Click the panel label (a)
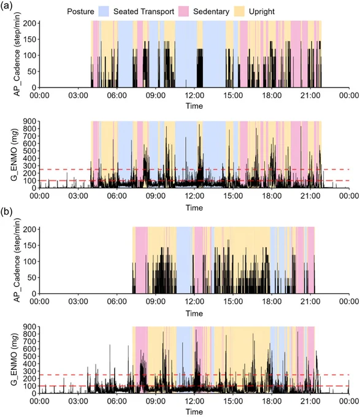tap(6, 6)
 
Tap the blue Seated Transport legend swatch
tap(104, 12)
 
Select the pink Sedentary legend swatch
tap(183, 12)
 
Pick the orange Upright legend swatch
tap(239, 12)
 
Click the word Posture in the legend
tap(80, 12)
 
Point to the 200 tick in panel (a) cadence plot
tap(29, 23)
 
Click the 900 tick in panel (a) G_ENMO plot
tap(29, 121)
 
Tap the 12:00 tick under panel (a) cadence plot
tap(194, 95)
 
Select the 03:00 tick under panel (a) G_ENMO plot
tap(78, 196)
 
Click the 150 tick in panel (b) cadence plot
tap(29, 245)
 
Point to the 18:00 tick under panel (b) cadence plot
tap(272, 301)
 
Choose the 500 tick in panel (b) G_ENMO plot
tap(29, 356)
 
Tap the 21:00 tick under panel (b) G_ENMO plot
tap(310, 401)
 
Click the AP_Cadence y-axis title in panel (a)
tap(17, 54)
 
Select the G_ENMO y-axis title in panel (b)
tap(14, 359)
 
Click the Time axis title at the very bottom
tap(194, 411)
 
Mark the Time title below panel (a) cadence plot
tap(194, 106)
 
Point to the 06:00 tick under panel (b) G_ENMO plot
tap(117, 401)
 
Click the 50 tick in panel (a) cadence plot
tap(31, 72)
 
